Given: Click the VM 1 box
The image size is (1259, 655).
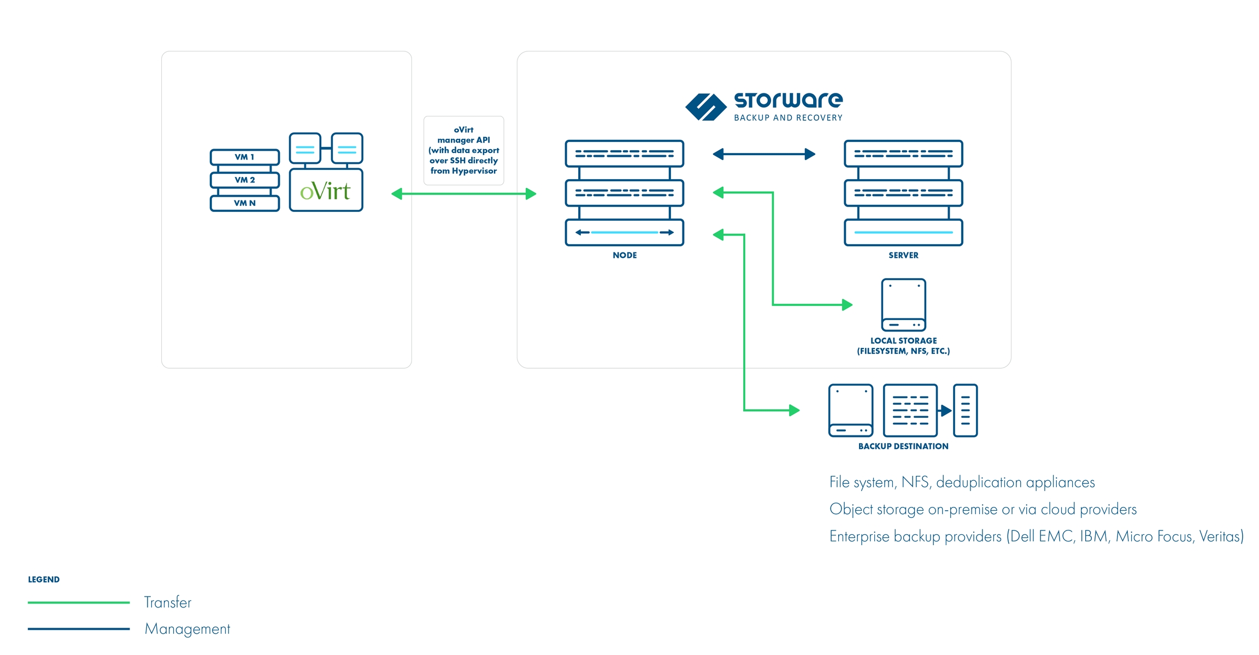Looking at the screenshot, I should pyautogui.click(x=244, y=157).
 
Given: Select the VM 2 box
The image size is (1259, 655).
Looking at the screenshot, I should pyautogui.click(x=244, y=180).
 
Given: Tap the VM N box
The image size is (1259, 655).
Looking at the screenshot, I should pyautogui.click(x=244, y=203).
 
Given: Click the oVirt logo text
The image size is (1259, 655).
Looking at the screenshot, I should pyautogui.click(x=325, y=191).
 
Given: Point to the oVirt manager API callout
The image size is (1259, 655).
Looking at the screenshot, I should pyautogui.click(x=463, y=150).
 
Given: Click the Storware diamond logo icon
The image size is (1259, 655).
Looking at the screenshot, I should pyautogui.click(x=705, y=107).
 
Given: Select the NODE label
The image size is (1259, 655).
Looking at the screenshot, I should pyautogui.click(x=625, y=255).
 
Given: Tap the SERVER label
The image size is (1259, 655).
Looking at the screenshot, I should pyautogui.click(x=903, y=255).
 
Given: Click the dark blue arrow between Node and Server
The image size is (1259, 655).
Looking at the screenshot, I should pyautogui.click(x=764, y=155).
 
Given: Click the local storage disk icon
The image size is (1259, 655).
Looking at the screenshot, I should pyautogui.click(x=903, y=305).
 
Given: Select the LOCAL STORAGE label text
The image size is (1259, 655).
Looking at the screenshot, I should pyautogui.click(x=903, y=346).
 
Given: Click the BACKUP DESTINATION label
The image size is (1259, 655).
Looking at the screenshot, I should pyautogui.click(x=903, y=446).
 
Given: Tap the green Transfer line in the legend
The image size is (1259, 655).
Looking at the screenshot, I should pyautogui.click(x=79, y=603).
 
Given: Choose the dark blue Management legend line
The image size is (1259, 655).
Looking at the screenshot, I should pyautogui.click(x=79, y=629).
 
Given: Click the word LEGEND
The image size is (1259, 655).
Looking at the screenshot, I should pyautogui.click(x=44, y=580).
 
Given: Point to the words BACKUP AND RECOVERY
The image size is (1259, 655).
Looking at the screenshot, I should pyautogui.click(x=788, y=118).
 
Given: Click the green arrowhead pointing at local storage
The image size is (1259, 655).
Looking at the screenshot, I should pyautogui.click(x=847, y=305).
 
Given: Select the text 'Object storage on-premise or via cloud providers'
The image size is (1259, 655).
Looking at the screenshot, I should pyautogui.click(x=983, y=509).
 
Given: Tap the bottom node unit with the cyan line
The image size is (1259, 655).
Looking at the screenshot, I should pyautogui.click(x=625, y=233).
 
